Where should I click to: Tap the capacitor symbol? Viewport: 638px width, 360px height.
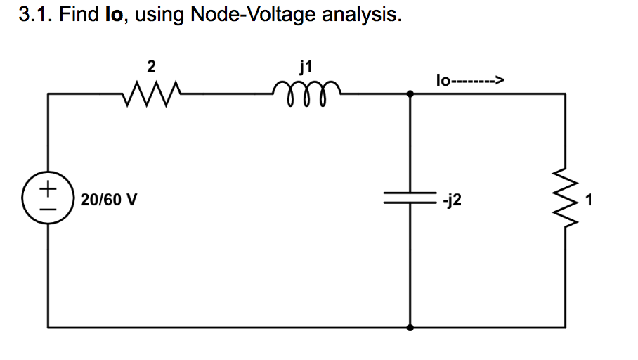click(410, 199)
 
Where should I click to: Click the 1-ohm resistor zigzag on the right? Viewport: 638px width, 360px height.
click(565, 200)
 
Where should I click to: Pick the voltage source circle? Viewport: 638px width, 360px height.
click(48, 199)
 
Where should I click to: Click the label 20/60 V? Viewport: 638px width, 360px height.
click(109, 200)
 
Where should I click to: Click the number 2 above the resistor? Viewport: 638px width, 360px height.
click(151, 67)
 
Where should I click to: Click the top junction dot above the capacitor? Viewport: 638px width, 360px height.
click(410, 93)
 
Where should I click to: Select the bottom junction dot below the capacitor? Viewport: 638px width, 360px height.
click(410, 327)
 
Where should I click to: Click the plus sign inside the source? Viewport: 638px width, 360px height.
click(48, 189)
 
